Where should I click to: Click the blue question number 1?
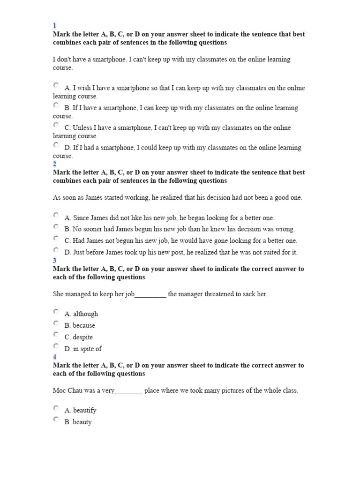pos(54,26)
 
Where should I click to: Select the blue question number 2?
pos(55,164)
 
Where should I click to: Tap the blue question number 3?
pos(55,261)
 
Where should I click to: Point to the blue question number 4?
pos(55,357)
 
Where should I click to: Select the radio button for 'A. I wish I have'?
pos(56,85)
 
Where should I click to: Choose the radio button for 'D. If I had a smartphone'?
pos(56,145)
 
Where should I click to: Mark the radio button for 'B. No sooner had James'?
pos(56,227)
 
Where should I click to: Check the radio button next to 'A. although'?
pos(56,311)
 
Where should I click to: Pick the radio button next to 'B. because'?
pos(56,323)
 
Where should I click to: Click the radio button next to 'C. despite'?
pos(56,335)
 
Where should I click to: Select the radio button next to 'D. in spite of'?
pos(56,346)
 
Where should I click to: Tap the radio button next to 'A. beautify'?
pos(56,408)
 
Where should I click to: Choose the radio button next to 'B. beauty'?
pos(56,420)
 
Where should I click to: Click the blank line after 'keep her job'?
pos(150,295)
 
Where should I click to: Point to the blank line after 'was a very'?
pos(128,391)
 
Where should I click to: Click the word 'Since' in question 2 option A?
pos(82,218)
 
